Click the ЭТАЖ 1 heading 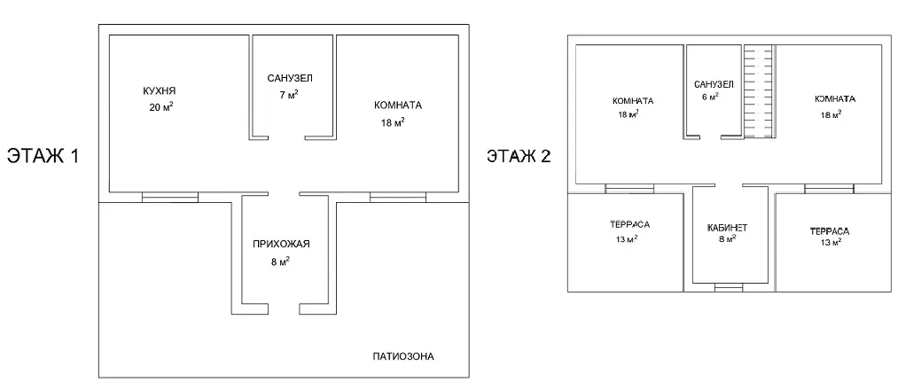(x=43, y=156)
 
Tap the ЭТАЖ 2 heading (x=519, y=157)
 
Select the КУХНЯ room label (x=160, y=91)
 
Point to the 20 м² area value (x=161, y=106)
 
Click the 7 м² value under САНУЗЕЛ (x=289, y=94)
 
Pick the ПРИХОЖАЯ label (x=281, y=245)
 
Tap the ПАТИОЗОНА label (x=403, y=356)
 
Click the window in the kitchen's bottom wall (x=170, y=197)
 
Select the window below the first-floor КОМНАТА (x=398, y=197)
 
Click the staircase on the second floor (x=758, y=91)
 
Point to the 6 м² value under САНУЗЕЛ (x=708, y=97)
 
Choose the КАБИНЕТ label (x=727, y=228)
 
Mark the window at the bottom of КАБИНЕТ (x=729, y=287)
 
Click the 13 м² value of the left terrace (x=626, y=238)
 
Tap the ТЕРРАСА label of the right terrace (x=830, y=231)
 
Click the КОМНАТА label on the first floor (x=398, y=105)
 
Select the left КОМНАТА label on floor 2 (x=633, y=101)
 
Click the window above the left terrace (x=629, y=189)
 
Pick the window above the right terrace (x=829, y=189)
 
